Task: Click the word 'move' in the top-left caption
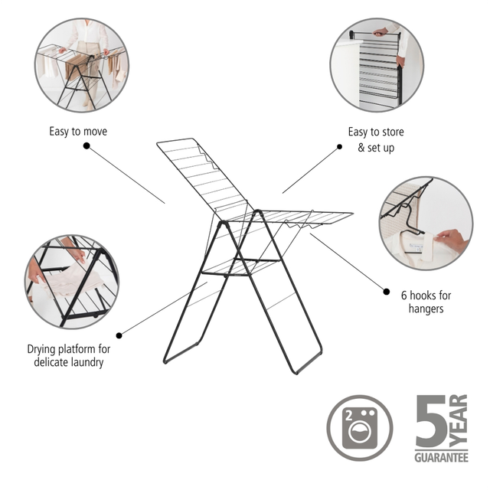[x=94, y=132]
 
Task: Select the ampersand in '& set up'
[x=361, y=147]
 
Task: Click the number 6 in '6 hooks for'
[x=404, y=295]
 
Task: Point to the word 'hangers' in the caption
[x=426, y=309]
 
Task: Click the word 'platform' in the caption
[x=76, y=349]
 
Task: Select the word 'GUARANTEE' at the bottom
[x=441, y=458]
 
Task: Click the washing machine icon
[x=360, y=428]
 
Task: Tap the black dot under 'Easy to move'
[x=87, y=145]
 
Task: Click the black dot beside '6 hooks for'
[x=387, y=292]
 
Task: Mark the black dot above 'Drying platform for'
[x=119, y=335]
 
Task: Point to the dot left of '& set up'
[x=339, y=146]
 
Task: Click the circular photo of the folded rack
[x=377, y=64]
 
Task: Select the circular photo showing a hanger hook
[x=426, y=224]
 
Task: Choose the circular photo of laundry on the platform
[x=72, y=282]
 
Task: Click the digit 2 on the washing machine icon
[x=349, y=416]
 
